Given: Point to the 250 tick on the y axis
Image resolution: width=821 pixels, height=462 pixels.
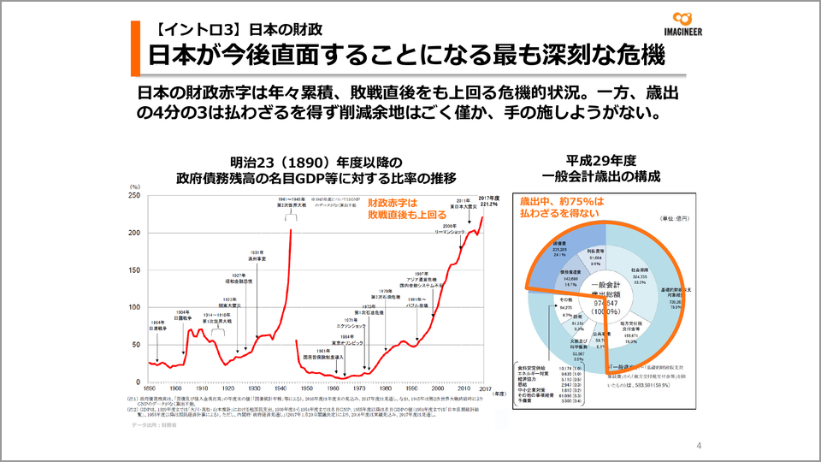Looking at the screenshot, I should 134,195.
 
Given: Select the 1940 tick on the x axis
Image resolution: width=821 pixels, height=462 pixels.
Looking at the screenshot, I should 293,388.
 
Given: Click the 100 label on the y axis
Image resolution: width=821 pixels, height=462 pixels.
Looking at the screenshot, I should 134,307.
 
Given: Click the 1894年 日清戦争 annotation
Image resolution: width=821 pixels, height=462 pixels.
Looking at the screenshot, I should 159,325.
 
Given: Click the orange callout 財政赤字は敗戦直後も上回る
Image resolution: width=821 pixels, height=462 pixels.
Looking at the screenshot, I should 396,209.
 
